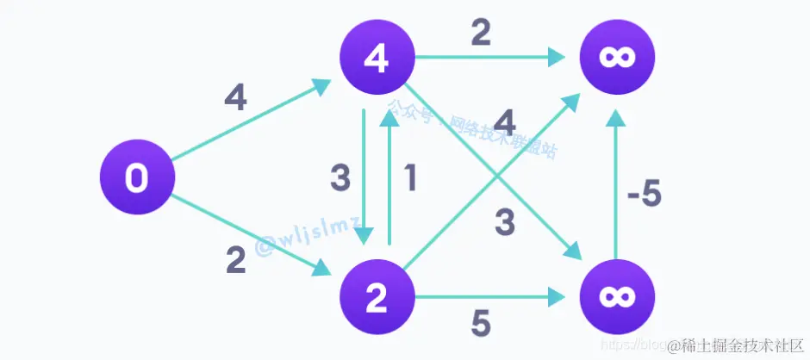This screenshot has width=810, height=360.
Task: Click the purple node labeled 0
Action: (137, 178)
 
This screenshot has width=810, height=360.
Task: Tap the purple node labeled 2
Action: (377, 298)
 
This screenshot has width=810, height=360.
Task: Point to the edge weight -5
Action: (644, 196)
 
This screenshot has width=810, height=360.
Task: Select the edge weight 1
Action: (411, 178)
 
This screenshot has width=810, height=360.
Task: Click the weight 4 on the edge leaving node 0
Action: (234, 99)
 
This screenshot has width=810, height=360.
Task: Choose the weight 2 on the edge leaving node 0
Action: (234, 260)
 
